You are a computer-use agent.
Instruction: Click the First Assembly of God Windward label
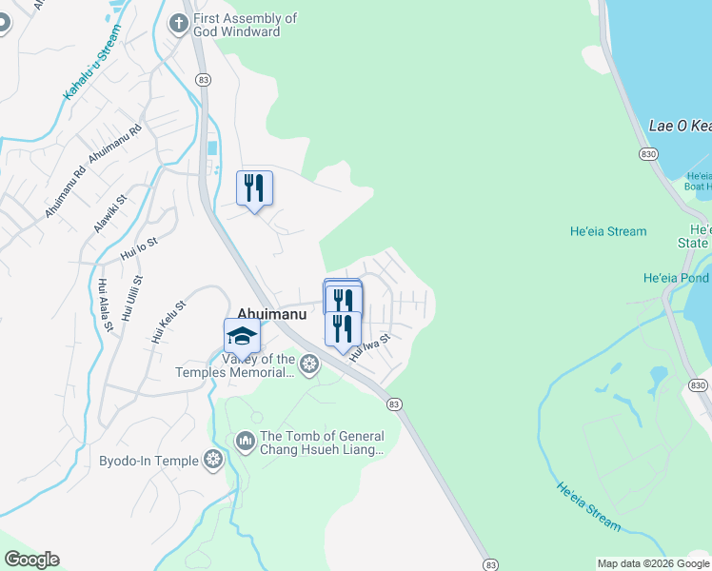point(245,25)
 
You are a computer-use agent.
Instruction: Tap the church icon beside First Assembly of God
point(178,22)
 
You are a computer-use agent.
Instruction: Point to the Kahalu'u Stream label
point(92,63)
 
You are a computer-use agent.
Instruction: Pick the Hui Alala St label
point(106,305)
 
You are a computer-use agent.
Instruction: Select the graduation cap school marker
point(242,336)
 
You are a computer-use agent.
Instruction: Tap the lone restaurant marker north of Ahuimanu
point(254,187)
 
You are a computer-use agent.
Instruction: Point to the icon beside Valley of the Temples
point(308,363)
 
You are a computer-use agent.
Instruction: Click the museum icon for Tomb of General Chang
point(245,441)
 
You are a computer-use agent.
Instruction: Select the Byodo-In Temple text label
point(148,462)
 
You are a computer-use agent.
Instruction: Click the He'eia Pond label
point(677,279)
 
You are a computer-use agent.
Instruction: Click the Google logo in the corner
point(31,560)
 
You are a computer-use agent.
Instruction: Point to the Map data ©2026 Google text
point(654,563)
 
